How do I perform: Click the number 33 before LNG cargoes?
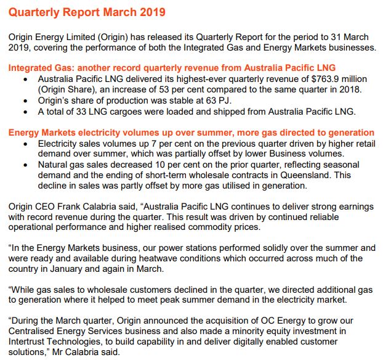(87, 112)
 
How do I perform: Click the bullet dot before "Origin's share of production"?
(25, 101)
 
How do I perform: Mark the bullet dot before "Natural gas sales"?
(25, 165)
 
